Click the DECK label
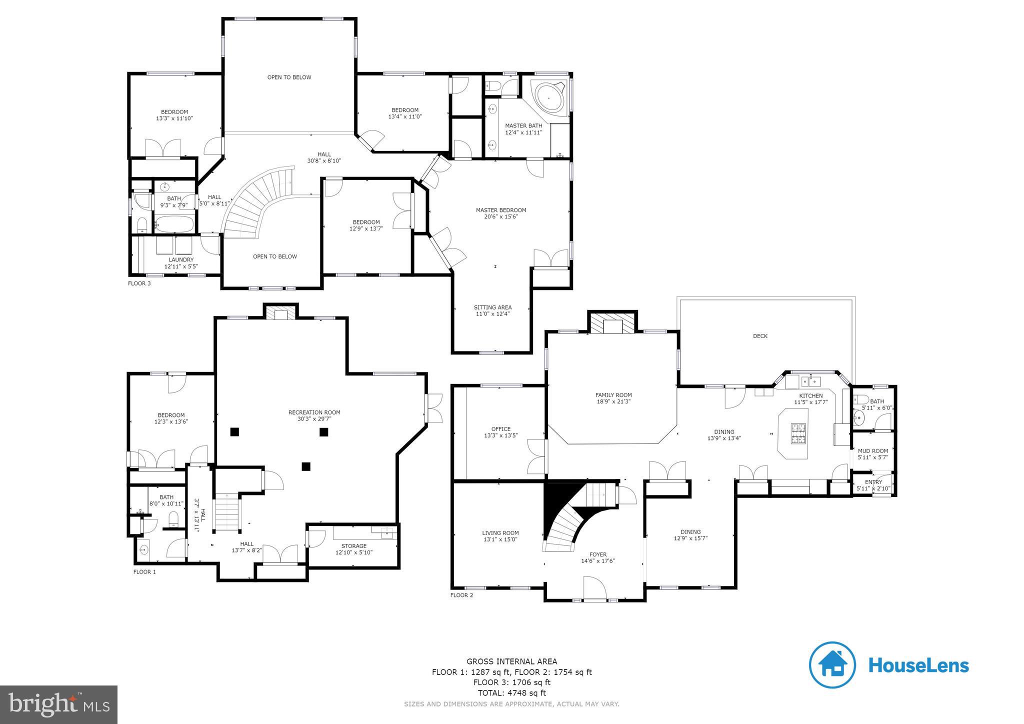pyautogui.click(x=759, y=336)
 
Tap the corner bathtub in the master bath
pyautogui.click(x=549, y=98)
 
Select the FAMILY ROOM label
pyautogui.click(x=613, y=395)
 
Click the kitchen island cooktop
pyautogui.click(x=797, y=433)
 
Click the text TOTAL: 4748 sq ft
pyautogui.click(x=511, y=693)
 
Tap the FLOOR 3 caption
pyautogui.click(x=139, y=283)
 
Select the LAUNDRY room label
pyautogui.click(x=181, y=259)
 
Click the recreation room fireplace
pyautogui.click(x=281, y=314)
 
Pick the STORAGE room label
pyautogui.click(x=354, y=546)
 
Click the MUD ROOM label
pyautogui.click(x=872, y=451)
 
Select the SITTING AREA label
pyautogui.click(x=492, y=307)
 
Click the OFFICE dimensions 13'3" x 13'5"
pyautogui.click(x=500, y=435)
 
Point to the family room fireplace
pyautogui.click(x=612, y=324)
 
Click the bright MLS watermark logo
pyautogui.click(x=59, y=704)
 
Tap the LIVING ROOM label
pyautogui.click(x=500, y=533)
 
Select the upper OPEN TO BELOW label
pyautogui.click(x=289, y=77)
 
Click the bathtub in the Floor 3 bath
pyautogui.click(x=174, y=223)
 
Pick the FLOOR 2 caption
pyautogui.click(x=461, y=595)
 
